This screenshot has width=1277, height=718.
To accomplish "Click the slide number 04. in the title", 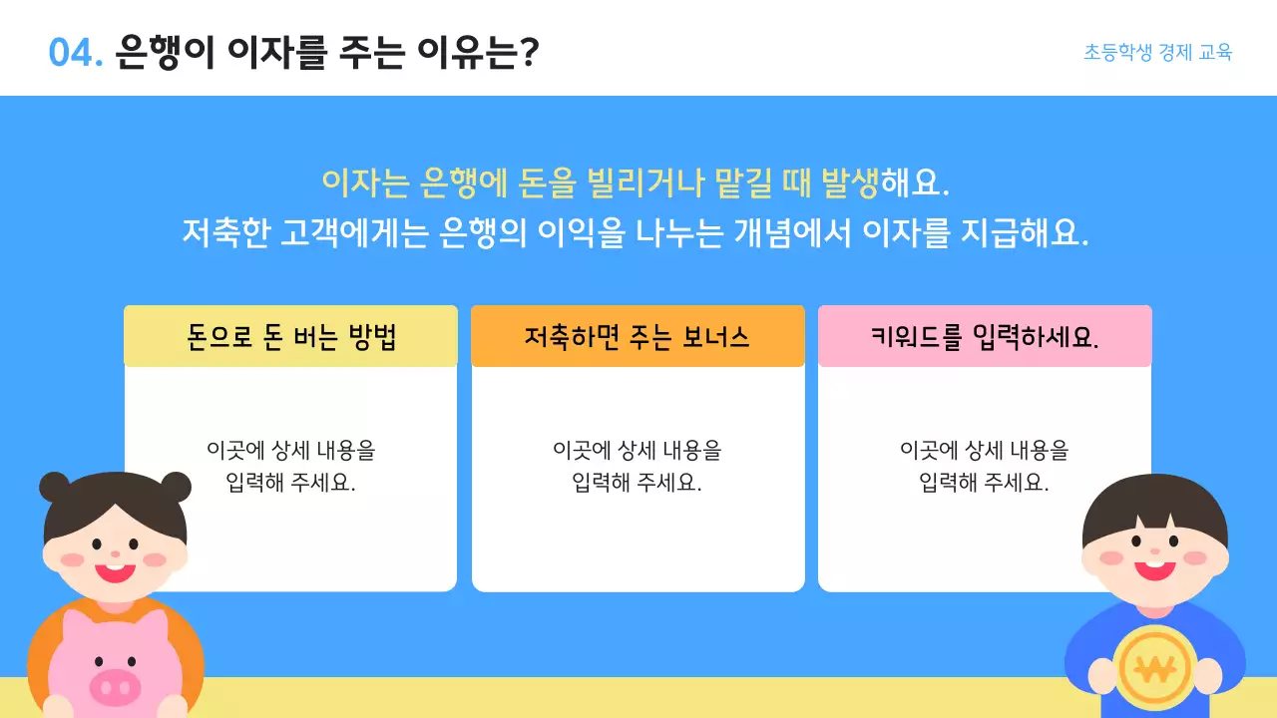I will point(76,53).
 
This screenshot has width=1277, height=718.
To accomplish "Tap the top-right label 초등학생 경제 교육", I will point(1157,53).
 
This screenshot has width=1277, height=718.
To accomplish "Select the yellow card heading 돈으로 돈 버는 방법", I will point(290,337).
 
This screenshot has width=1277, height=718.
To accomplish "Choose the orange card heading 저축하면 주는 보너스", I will point(637,337).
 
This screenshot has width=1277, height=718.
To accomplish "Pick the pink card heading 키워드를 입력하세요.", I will point(984,337).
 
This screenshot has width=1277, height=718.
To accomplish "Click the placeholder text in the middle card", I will point(637,466).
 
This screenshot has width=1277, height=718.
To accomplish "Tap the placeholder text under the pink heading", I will point(984,466).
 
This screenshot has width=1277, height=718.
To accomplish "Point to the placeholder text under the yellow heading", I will point(290,466).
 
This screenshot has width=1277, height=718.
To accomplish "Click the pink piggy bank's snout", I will point(115,686).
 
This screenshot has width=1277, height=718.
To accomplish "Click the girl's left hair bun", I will point(55,488).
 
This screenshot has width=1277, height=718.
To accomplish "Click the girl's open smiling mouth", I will point(115,571).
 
